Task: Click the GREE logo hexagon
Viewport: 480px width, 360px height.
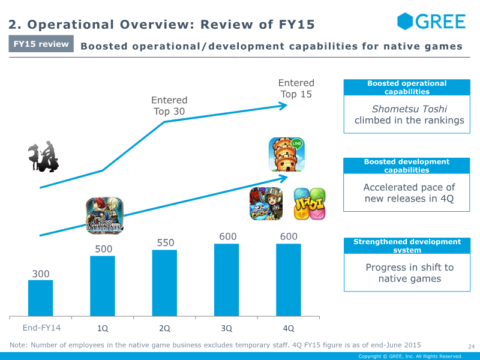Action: point(404,21)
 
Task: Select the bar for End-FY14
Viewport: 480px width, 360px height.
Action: point(40,298)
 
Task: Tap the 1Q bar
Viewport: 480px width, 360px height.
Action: point(103,286)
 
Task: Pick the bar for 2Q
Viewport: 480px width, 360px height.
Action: point(164,283)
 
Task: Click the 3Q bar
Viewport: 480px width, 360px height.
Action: point(227,280)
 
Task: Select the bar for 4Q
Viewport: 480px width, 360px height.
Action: point(289,280)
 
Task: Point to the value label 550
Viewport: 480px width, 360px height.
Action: point(166,243)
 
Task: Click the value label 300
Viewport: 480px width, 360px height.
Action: point(41,274)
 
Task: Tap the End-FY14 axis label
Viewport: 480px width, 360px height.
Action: point(41,328)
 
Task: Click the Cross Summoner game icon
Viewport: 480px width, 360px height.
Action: point(104,215)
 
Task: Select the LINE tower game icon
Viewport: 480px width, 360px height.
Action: point(287,155)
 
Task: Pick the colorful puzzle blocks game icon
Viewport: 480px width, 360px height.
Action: point(310,204)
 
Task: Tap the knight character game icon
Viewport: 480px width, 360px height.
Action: point(266,204)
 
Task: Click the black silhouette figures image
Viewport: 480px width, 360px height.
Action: point(43,156)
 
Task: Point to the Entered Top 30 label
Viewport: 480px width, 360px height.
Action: point(169,106)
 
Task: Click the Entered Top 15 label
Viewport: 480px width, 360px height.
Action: point(296,88)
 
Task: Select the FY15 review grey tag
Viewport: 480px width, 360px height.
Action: point(41,44)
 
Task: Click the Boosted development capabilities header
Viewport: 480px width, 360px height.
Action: point(407,166)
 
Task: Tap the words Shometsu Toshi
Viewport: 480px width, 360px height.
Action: point(409,109)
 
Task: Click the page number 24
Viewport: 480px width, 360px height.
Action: point(471,347)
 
